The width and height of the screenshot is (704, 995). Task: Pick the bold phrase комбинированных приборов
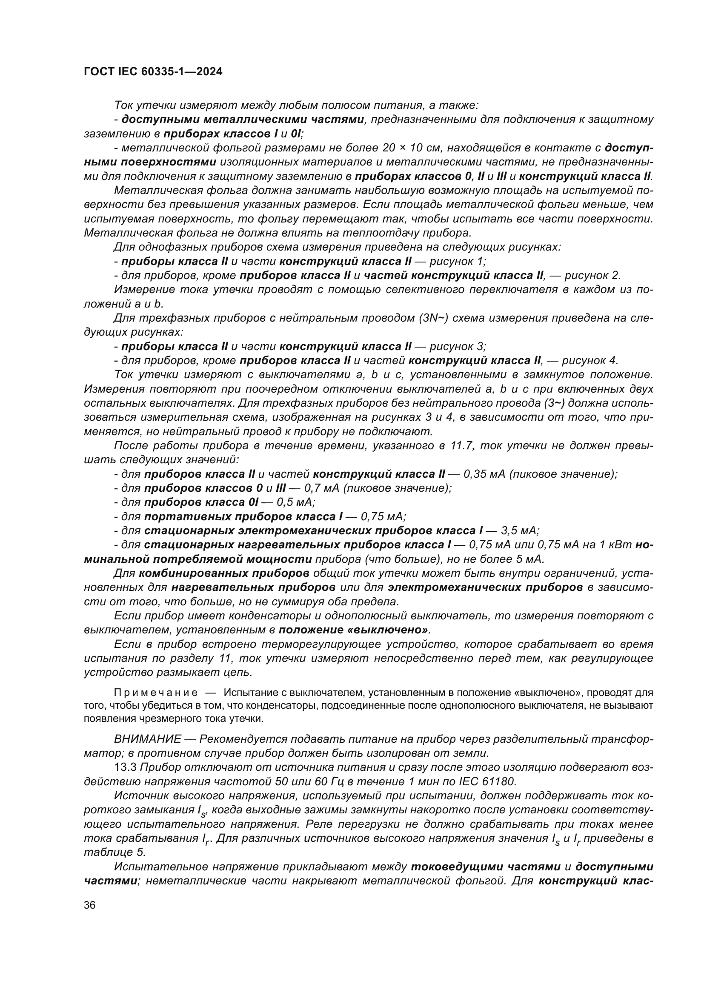tap(224, 573)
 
